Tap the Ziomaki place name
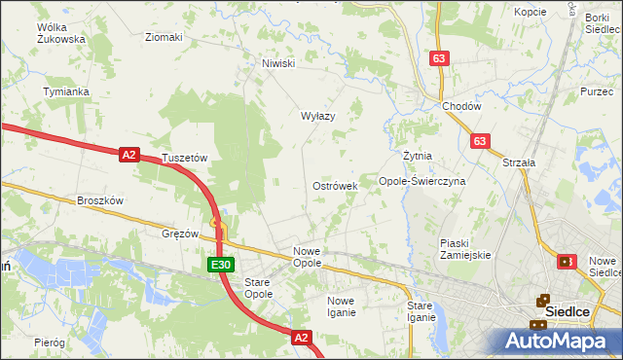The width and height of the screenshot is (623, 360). point(164,38)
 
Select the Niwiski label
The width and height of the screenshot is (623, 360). point(277,64)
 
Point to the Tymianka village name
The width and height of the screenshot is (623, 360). point(66,91)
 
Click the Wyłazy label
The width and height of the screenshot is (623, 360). point(317,116)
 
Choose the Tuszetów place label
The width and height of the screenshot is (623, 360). point(185,158)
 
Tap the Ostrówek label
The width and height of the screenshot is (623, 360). point(335,185)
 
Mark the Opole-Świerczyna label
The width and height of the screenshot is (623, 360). point(422,181)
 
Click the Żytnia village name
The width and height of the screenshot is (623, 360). point(417,156)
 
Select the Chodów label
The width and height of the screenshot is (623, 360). point(461,106)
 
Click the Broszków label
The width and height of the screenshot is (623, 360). point(100,200)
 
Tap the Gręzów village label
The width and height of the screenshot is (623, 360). point(180,234)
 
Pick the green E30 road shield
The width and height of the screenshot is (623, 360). point(220,265)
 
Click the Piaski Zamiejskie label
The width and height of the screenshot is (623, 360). point(465,249)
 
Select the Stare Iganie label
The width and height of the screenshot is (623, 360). point(421,311)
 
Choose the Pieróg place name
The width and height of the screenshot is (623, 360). point(49,343)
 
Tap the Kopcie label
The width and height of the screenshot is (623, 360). point(530,12)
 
